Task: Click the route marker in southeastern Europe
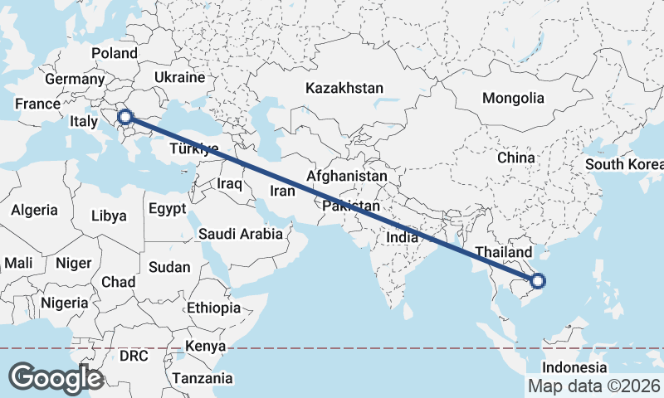pyautogui.click(x=126, y=117)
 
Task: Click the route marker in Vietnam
pyautogui.click(x=537, y=282)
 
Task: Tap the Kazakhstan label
pyautogui.click(x=344, y=88)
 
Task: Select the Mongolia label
pyautogui.click(x=513, y=98)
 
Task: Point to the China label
pyautogui.click(x=516, y=157)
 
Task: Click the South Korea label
pyautogui.click(x=624, y=163)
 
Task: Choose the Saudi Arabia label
pyautogui.click(x=240, y=234)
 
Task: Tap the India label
pyautogui.click(x=402, y=237)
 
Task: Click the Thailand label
pyautogui.click(x=504, y=252)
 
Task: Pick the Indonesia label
pyautogui.click(x=574, y=367)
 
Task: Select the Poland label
pyautogui.click(x=115, y=53)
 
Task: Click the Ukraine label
pyautogui.click(x=179, y=77)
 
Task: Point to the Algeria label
pyautogui.click(x=34, y=210)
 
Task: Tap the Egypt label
pyautogui.click(x=168, y=209)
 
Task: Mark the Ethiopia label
pyautogui.click(x=213, y=308)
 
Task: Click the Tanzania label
pyautogui.click(x=203, y=378)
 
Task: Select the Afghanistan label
pyautogui.click(x=346, y=177)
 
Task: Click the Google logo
pyautogui.click(x=55, y=377)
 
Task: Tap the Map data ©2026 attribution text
pyautogui.click(x=593, y=386)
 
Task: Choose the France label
pyautogui.click(x=37, y=104)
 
